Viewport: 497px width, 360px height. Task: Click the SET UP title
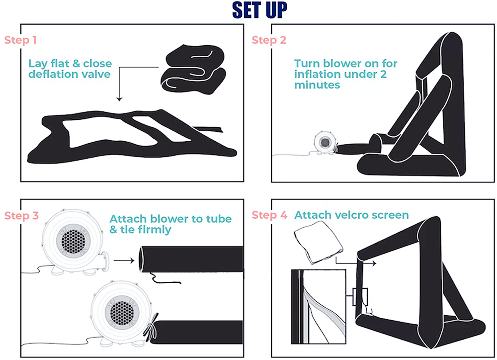coord(259,10)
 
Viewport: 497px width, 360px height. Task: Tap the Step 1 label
coord(20,40)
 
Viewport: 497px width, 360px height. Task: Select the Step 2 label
coord(269,40)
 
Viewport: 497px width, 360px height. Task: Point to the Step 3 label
coord(21,216)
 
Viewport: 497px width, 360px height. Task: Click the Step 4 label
coord(269,215)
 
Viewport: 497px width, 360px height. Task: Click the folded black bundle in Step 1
coord(193,70)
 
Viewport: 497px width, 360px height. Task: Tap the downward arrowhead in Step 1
coord(119,99)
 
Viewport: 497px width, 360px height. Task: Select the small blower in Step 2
coord(324,142)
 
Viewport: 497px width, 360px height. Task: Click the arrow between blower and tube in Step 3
coord(124,261)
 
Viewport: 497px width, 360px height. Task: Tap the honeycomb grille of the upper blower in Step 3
coord(73,240)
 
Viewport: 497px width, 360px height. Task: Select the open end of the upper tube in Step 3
coord(141,260)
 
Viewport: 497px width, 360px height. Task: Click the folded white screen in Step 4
coord(318,242)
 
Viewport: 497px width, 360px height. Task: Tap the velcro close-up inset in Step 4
coord(319,306)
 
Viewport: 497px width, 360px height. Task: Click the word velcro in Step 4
coord(350,215)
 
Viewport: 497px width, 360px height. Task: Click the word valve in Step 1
coord(96,74)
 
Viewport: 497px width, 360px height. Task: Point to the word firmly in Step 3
coord(155,230)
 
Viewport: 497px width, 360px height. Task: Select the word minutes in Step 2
coord(317,85)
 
